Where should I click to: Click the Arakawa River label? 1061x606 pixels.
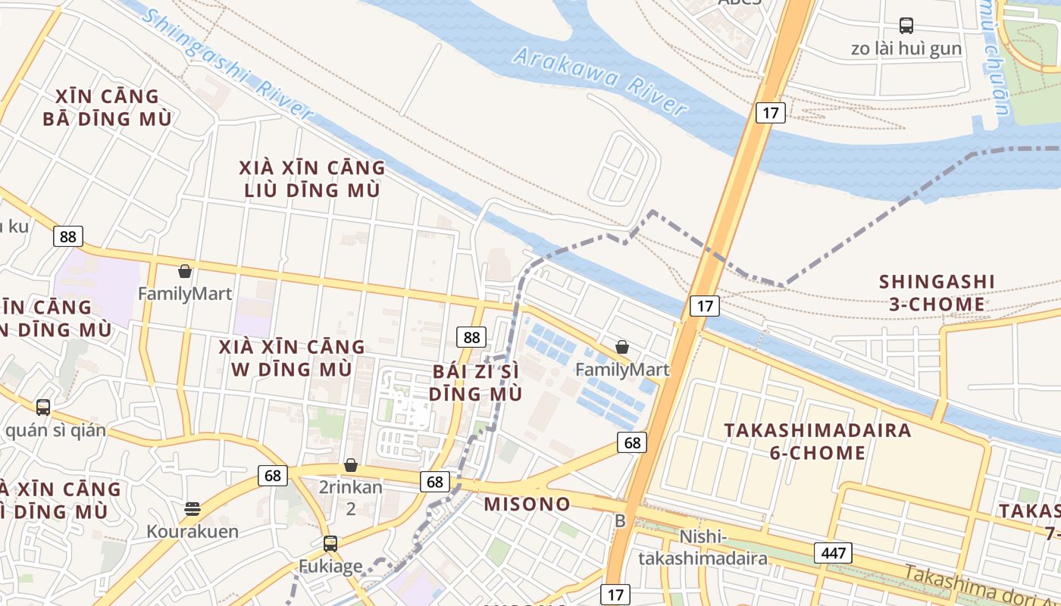599,80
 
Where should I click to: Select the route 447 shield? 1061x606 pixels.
833,553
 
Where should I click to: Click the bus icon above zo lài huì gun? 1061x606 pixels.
906,26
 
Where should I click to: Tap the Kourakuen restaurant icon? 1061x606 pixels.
192,508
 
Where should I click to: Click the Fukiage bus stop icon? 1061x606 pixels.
330,543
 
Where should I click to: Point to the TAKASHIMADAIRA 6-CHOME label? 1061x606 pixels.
817,442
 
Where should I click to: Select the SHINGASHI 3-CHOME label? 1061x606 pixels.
937,293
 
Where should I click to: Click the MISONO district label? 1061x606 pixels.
527,504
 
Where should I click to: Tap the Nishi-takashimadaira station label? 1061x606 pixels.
702,548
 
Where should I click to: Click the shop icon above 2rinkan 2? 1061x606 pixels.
351,465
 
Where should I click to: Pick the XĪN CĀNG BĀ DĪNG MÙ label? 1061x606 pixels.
107,108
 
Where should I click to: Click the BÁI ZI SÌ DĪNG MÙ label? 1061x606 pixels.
475,383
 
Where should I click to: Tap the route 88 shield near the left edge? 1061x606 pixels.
68,236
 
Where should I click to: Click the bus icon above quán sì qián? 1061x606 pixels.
43,408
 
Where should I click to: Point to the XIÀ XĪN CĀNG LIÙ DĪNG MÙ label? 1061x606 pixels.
311,179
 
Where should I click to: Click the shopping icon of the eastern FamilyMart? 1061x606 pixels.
622,348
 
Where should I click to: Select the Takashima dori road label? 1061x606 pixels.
978,584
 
